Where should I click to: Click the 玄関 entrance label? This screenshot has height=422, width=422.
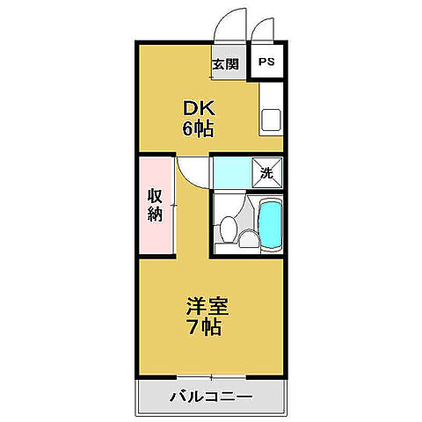(225, 63)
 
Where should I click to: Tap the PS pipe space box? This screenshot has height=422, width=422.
(266, 63)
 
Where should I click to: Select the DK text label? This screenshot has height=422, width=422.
(199, 109)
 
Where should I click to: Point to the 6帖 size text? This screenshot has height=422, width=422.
(199, 128)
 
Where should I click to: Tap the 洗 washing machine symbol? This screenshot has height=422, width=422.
(266, 171)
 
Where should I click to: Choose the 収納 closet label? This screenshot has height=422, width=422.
(155, 204)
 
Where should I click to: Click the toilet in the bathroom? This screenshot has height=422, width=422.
(229, 228)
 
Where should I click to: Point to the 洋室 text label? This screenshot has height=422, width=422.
(207, 309)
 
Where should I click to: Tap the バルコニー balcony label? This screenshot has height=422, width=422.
(210, 397)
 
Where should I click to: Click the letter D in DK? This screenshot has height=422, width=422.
(190, 109)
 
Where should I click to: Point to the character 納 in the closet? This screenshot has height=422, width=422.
(155, 214)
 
